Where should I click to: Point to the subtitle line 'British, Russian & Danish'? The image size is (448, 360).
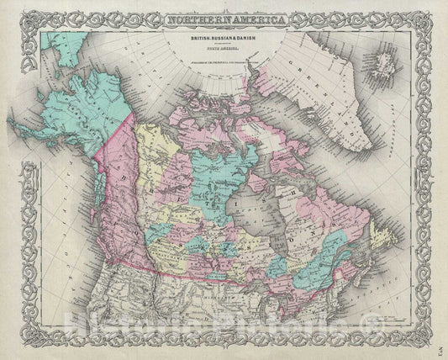tap(224, 32)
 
